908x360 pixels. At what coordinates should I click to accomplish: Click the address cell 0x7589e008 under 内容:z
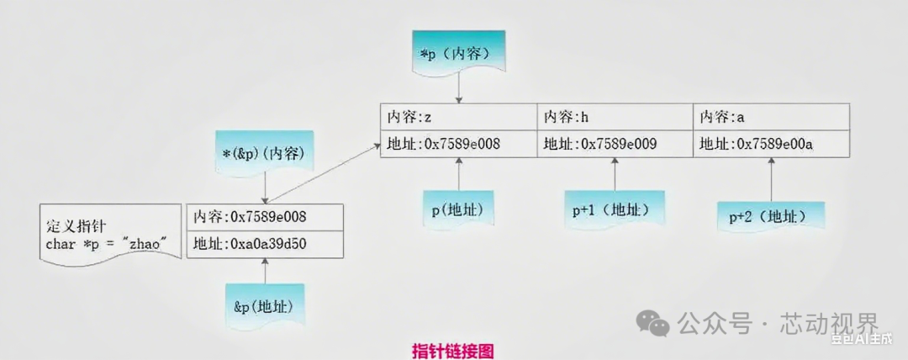(x=458, y=144)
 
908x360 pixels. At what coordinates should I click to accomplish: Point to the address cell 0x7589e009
(x=615, y=144)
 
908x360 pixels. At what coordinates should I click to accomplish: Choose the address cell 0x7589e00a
(x=771, y=144)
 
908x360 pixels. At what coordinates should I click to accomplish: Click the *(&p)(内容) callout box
(x=265, y=153)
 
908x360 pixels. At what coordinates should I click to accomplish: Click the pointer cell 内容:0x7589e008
(x=265, y=217)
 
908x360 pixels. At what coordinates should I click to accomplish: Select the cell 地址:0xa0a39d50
(x=265, y=244)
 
